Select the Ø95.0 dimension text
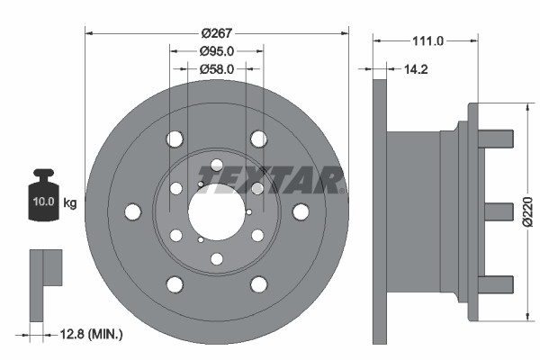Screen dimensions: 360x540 [216, 51]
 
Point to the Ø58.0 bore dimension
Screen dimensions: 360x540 [216, 68]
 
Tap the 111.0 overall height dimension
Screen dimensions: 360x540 [422, 40]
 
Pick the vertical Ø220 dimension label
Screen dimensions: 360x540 [528, 211]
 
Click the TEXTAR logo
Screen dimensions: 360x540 [270, 180]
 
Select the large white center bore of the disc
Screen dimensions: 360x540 [216, 211]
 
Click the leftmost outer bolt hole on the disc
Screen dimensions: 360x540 [132, 211]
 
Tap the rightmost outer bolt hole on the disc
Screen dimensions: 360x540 [300, 211]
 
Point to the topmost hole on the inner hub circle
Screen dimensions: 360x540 [216, 165]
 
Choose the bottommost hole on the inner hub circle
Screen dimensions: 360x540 [216, 259]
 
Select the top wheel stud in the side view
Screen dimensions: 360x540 [498, 139]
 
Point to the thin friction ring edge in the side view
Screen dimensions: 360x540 [379, 211]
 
